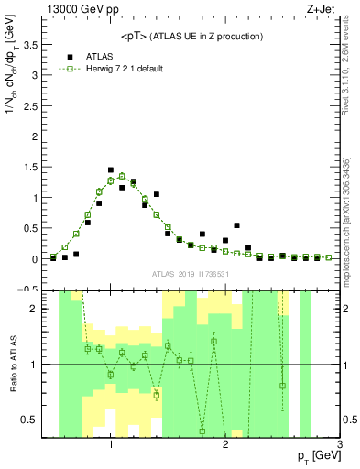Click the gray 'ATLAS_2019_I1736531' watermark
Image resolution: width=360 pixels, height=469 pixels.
(x=191, y=274)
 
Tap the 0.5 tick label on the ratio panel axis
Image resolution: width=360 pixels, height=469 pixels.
(x=37, y=420)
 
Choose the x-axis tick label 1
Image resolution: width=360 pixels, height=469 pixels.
(x=111, y=444)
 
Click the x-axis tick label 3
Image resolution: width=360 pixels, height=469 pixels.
(x=339, y=444)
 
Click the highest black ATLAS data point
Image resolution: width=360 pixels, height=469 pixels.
(x=111, y=170)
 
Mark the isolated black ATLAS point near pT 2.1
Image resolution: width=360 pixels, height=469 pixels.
(x=236, y=225)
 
